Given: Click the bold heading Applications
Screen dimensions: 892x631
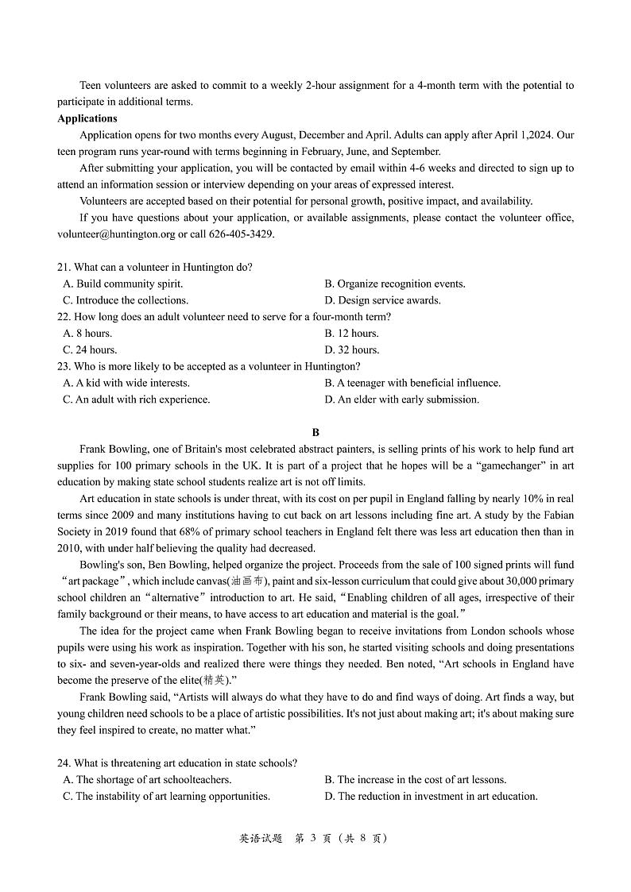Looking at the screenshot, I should (87, 118).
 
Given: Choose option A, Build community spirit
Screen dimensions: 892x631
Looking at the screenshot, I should (123, 284).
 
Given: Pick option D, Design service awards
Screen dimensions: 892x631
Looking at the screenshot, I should (382, 300).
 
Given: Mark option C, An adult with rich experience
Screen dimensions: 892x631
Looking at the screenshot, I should (136, 400).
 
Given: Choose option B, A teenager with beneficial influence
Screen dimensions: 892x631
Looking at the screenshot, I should (412, 383).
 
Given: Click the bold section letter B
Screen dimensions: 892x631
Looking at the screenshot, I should (315, 433).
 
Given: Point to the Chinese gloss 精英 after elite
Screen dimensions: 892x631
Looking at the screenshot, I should (213, 681).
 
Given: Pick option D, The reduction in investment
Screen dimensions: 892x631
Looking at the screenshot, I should (431, 797).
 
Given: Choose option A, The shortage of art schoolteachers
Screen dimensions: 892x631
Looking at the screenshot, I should (147, 780).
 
